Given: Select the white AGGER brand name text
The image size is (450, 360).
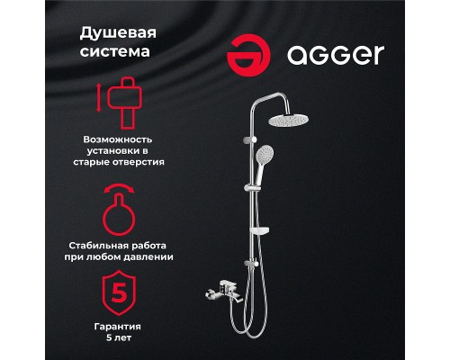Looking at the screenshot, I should (x=335, y=56).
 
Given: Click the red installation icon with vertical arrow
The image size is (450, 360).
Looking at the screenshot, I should (x=122, y=102).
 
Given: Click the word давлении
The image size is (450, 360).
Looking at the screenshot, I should (x=146, y=256).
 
